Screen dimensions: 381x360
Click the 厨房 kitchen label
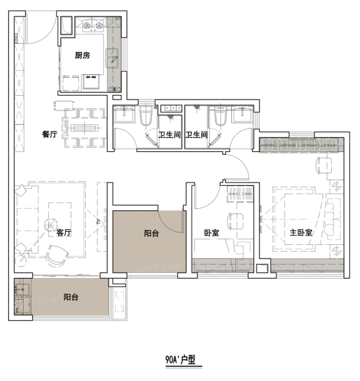point(83,56)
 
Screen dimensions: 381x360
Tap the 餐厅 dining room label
point(49,135)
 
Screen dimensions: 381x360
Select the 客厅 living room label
point(63,233)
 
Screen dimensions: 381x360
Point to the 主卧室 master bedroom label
point(301,233)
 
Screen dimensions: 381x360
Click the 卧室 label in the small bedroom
point(211,233)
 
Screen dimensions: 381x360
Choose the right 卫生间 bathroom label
point(196,135)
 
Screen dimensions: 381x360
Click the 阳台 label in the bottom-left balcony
point(71,297)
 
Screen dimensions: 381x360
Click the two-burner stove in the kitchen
point(94,24)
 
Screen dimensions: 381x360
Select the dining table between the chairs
point(84,128)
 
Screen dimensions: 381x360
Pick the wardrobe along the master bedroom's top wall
point(302,145)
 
